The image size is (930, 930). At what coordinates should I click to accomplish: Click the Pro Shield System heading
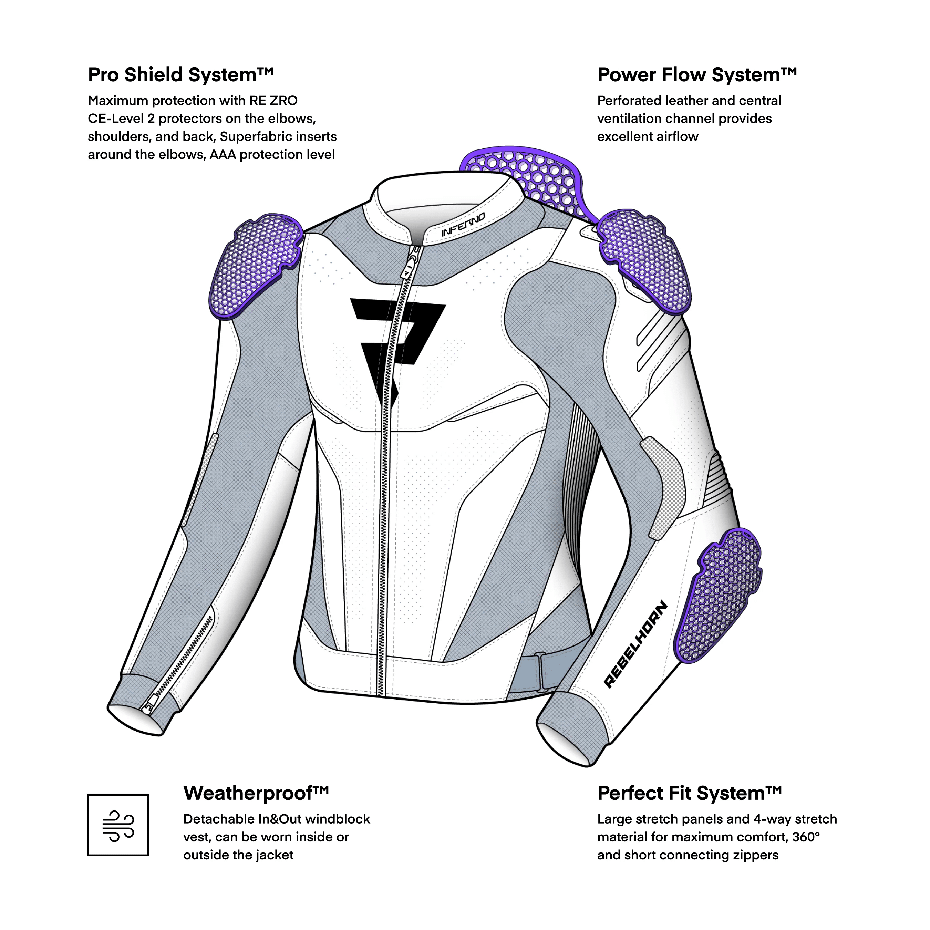(180, 75)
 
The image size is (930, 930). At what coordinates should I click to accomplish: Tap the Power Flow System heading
(697, 75)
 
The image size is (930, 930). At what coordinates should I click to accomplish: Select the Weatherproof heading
(256, 712)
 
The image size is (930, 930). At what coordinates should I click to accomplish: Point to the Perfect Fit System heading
(689, 712)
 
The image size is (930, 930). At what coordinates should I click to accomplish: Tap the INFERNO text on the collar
(463, 225)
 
